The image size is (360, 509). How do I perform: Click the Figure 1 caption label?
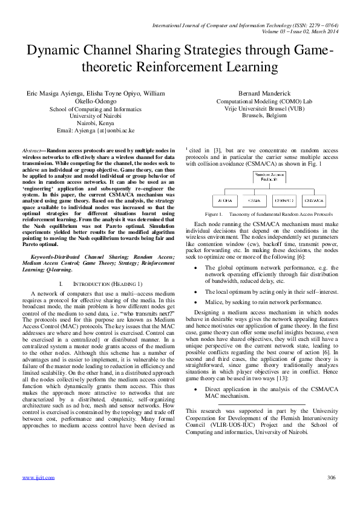214,214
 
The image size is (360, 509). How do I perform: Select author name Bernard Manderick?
265,94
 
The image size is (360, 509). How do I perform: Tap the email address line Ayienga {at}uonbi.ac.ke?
95,130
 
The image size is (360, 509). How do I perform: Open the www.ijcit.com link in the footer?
38,478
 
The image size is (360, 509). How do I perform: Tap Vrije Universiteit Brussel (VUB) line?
265,108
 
